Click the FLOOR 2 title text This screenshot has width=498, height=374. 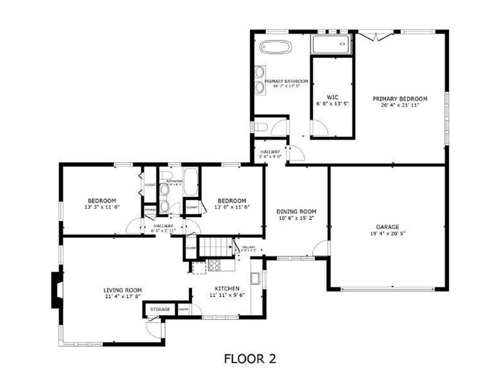click(x=250, y=359)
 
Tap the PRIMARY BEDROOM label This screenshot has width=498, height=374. click(x=400, y=99)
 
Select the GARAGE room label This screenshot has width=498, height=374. click(x=387, y=227)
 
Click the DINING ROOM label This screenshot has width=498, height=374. click(x=296, y=211)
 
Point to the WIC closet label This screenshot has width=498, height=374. click(x=332, y=96)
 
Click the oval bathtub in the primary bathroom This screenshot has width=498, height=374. click(x=276, y=47)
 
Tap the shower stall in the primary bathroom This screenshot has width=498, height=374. click(x=331, y=45)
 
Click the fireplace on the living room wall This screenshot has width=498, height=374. click(x=57, y=289)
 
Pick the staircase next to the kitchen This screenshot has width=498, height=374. click(x=216, y=247)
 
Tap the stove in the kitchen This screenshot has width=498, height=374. click(x=214, y=265)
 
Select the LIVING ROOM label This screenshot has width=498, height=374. click(x=123, y=290)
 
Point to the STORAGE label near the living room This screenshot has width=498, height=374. click(x=160, y=309)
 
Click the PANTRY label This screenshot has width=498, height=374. click(x=183, y=310)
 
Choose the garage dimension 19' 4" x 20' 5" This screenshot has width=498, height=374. click(x=387, y=234)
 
